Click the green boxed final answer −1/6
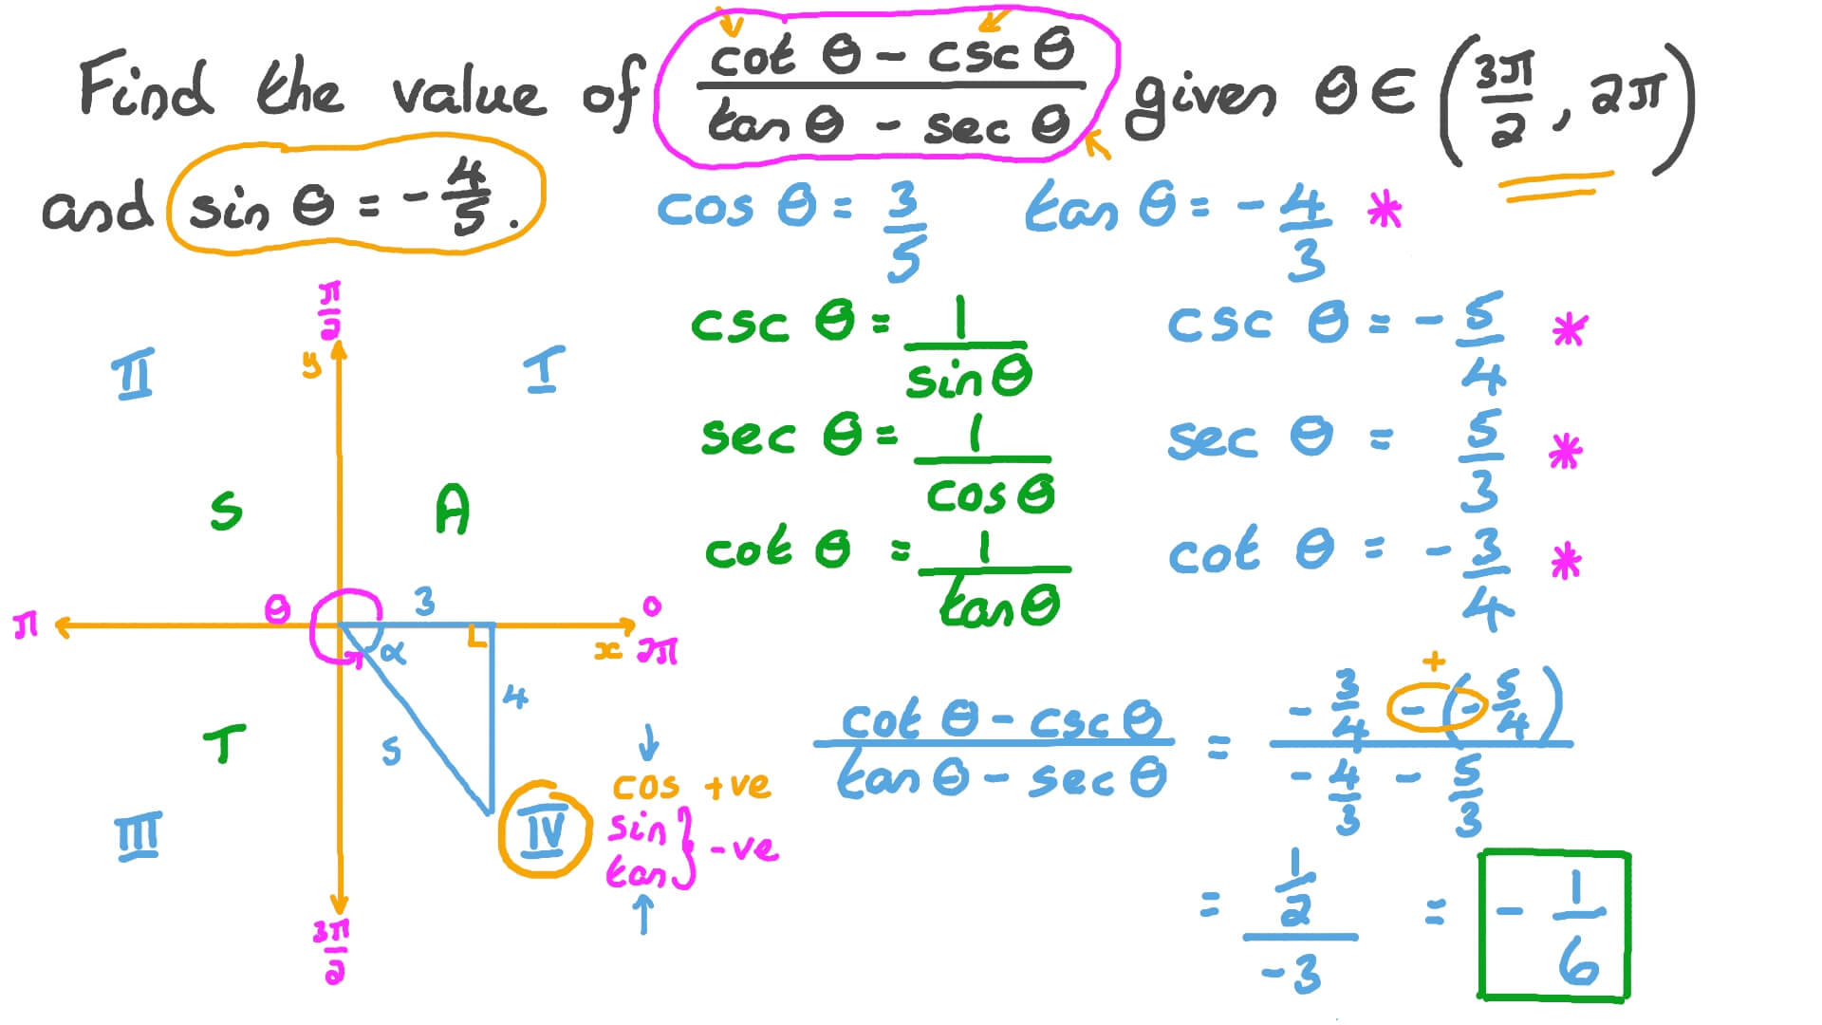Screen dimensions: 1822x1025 point(1553,924)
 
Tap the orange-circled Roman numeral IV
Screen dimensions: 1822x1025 point(545,831)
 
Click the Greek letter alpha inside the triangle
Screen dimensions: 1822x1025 point(392,652)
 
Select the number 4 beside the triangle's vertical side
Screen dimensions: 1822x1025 point(515,698)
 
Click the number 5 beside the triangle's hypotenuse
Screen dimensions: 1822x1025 point(391,752)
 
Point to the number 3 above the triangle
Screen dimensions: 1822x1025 point(424,601)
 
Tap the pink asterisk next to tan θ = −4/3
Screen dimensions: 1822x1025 point(1385,210)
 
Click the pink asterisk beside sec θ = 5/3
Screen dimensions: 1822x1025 point(1565,452)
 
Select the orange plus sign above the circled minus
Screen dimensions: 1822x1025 point(1434,661)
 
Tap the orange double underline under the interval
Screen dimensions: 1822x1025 point(1557,187)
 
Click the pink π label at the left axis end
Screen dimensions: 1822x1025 point(26,626)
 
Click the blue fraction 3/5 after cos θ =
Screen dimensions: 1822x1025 point(903,232)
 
